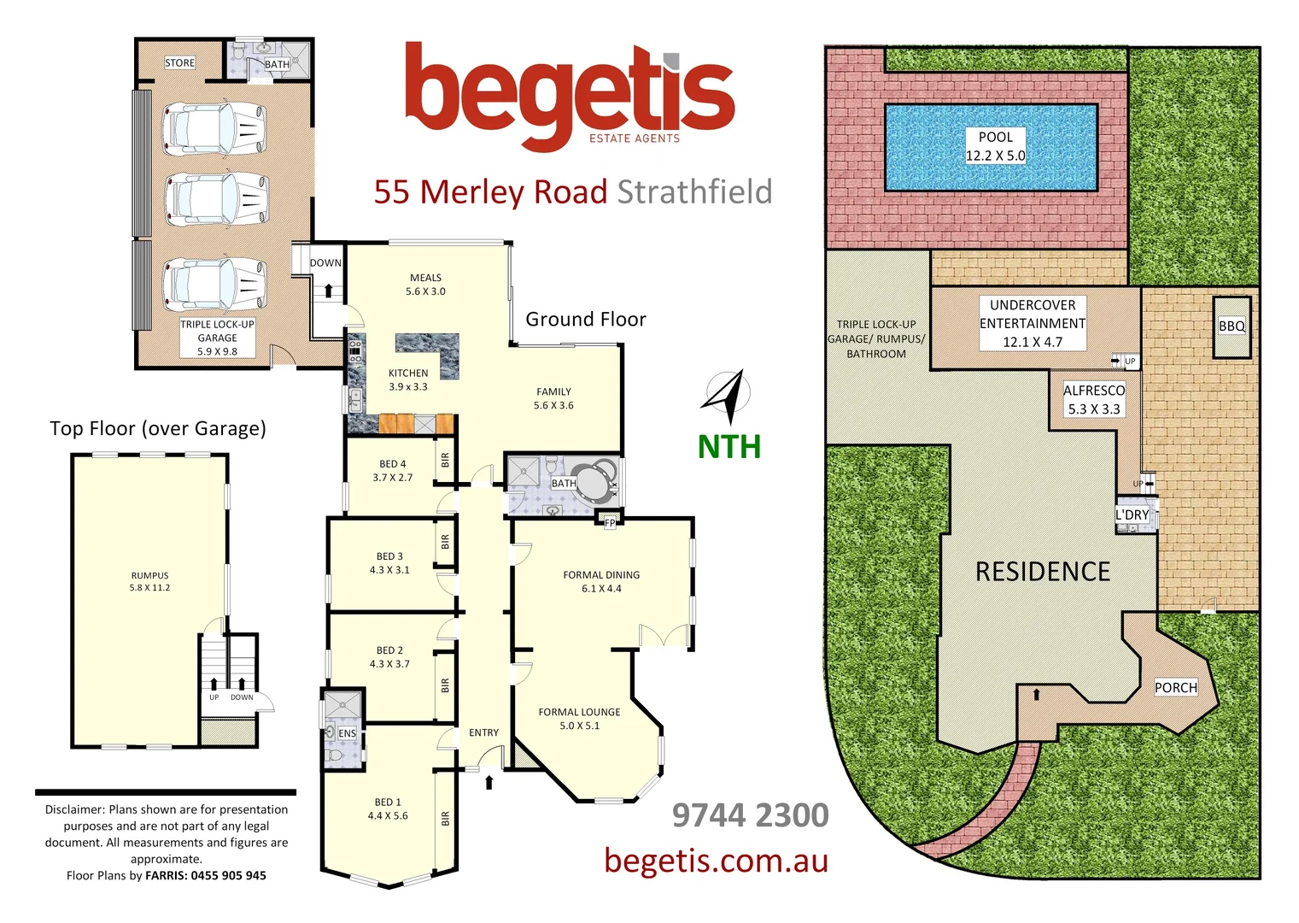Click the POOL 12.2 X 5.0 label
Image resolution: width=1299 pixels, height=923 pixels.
[x=995, y=146]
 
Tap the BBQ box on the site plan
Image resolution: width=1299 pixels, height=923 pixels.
[x=1232, y=326]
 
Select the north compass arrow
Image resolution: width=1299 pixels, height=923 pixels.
[x=728, y=397]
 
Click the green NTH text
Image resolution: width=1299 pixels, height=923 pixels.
[x=728, y=447]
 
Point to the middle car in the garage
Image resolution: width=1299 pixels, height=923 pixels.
[x=215, y=200]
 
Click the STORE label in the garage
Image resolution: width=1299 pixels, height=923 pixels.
[x=179, y=63]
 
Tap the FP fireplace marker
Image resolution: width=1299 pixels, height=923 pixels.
[x=610, y=523]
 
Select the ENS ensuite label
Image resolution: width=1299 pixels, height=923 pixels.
[x=347, y=733]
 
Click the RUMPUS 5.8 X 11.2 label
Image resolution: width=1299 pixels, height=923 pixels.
[x=150, y=581]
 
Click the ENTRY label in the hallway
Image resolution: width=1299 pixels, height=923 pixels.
[x=483, y=732]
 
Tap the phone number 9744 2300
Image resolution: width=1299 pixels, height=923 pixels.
[x=750, y=815]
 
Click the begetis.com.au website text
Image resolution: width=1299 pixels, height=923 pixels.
[x=716, y=860]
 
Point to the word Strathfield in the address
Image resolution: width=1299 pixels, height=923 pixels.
[x=694, y=192]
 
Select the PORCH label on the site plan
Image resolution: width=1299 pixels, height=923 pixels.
[x=1175, y=687]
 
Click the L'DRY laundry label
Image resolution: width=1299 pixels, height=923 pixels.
[x=1132, y=514]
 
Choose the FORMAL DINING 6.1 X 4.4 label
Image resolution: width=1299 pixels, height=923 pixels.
[x=601, y=582]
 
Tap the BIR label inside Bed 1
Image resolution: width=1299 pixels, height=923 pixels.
[x=445, y=819]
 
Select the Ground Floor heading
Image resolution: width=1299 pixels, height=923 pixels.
[x=586, y=320]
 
